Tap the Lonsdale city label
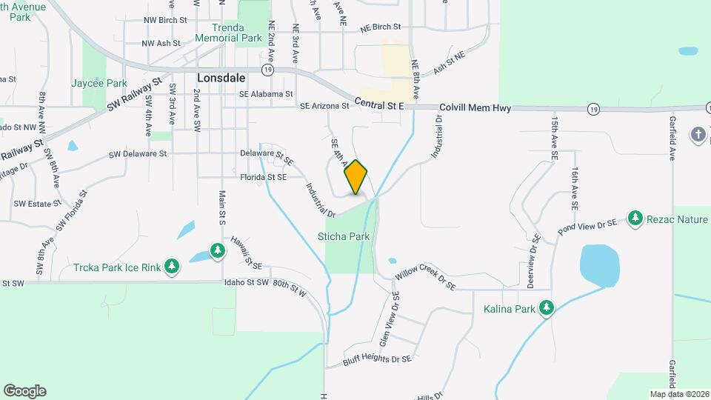221,77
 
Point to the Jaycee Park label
99,84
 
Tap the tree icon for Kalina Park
547,307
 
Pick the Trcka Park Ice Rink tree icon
172,265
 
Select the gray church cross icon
698,135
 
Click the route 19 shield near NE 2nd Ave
268,69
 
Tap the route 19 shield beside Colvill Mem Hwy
593,109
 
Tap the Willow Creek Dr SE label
426,279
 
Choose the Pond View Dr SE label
587,224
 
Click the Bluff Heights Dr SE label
376,361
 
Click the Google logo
24,391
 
